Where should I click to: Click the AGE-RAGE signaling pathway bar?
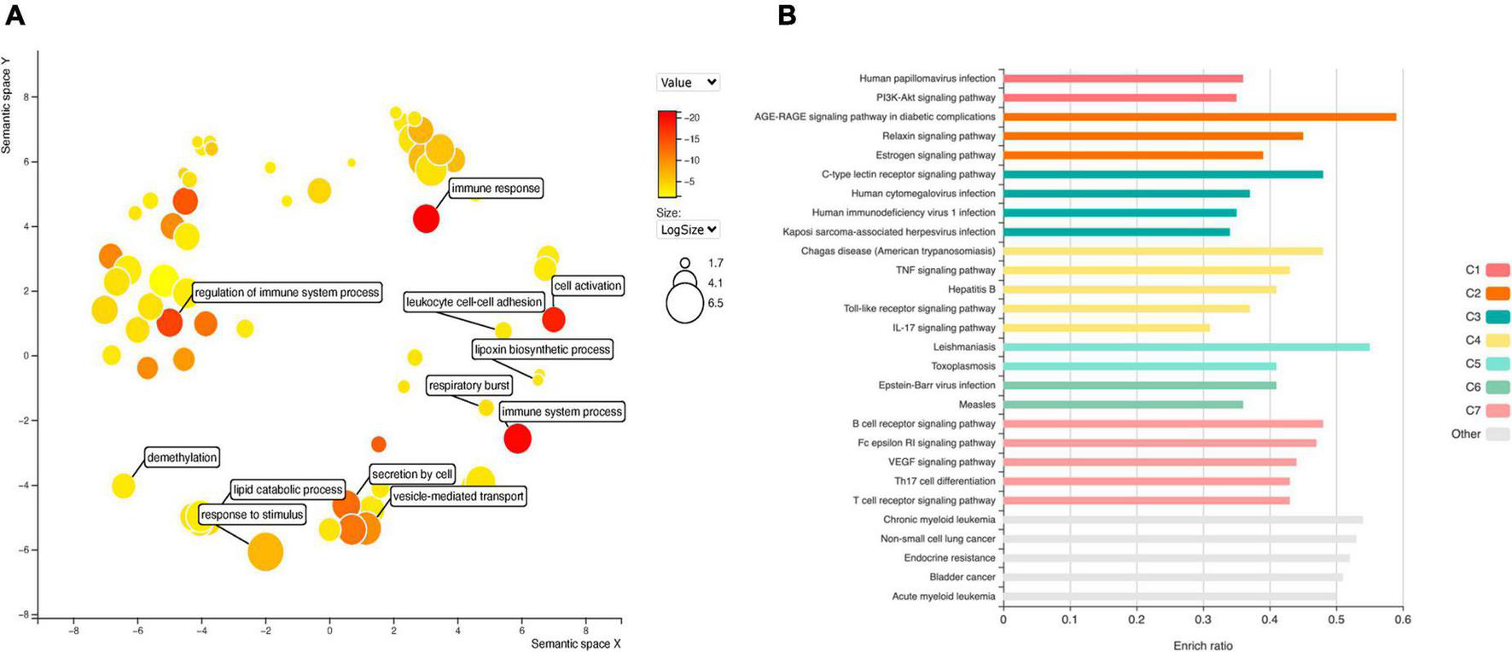pos(1199,116)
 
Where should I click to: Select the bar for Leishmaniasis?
pos(1186,346)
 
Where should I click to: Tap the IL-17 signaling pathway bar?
pos(1106,328)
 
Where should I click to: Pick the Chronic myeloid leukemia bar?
pos(1183,520)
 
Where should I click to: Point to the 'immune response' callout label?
pos(496,189)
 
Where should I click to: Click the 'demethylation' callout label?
pos(182,457)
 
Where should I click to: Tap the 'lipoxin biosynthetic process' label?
pos(543,349)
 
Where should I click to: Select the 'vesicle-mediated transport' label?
pos(458,496)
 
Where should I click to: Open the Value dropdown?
pos(688,82)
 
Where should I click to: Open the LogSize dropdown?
pos(688,230)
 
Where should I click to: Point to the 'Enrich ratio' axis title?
pos(1202,645)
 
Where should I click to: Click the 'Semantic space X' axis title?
pos(575,643)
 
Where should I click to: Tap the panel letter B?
pos(787,15)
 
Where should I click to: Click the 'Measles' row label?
pos(976,405)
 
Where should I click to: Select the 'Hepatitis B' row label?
pos(971,289)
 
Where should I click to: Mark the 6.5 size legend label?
pos(715,303)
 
